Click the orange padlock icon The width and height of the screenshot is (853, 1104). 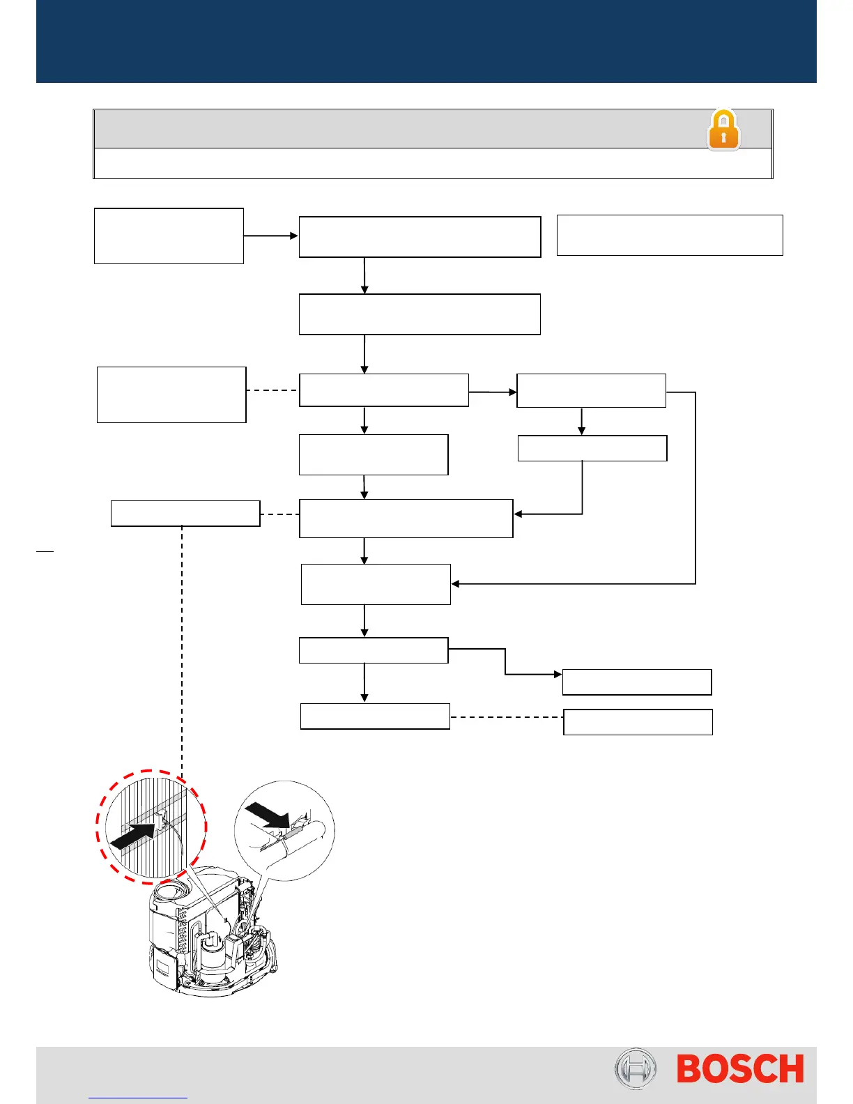tap(723, 130)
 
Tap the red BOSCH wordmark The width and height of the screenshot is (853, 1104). tap(740, 1069)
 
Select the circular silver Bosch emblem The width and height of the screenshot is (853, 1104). tap(635, 1068)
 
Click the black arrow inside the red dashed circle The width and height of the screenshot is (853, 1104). tap(134, 833)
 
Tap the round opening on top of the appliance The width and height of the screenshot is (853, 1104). tap(169, 891)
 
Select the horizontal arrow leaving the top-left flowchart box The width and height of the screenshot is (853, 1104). tap(270, 236)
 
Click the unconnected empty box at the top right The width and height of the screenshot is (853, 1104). tap(670, 235)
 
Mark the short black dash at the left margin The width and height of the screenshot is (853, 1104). tap(45, 551)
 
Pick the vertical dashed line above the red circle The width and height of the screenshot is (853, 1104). tap(182, 648)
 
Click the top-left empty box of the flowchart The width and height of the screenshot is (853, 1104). tap(169, 236)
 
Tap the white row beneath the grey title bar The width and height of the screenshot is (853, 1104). tap(433, 163)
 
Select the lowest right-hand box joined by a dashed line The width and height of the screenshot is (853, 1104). tap(638, 722)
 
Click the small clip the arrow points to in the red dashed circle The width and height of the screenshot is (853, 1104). tap(162, 820)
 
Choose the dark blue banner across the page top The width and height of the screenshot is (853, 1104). tap(426, 41)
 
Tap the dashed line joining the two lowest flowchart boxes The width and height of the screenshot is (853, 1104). tap(507, 716)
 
